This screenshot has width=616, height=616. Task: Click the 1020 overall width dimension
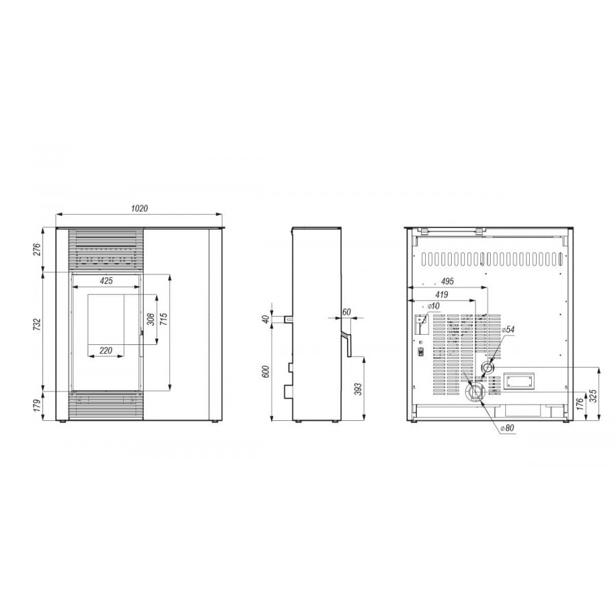140,208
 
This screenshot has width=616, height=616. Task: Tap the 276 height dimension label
36,250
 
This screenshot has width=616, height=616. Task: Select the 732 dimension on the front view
36,325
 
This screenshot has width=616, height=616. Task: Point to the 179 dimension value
36,405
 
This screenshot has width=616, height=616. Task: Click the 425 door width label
107,281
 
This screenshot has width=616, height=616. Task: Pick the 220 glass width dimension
106,350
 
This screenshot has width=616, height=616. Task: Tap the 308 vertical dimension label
150,320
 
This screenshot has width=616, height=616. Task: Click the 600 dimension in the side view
266,372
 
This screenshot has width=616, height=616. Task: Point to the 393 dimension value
358,389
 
